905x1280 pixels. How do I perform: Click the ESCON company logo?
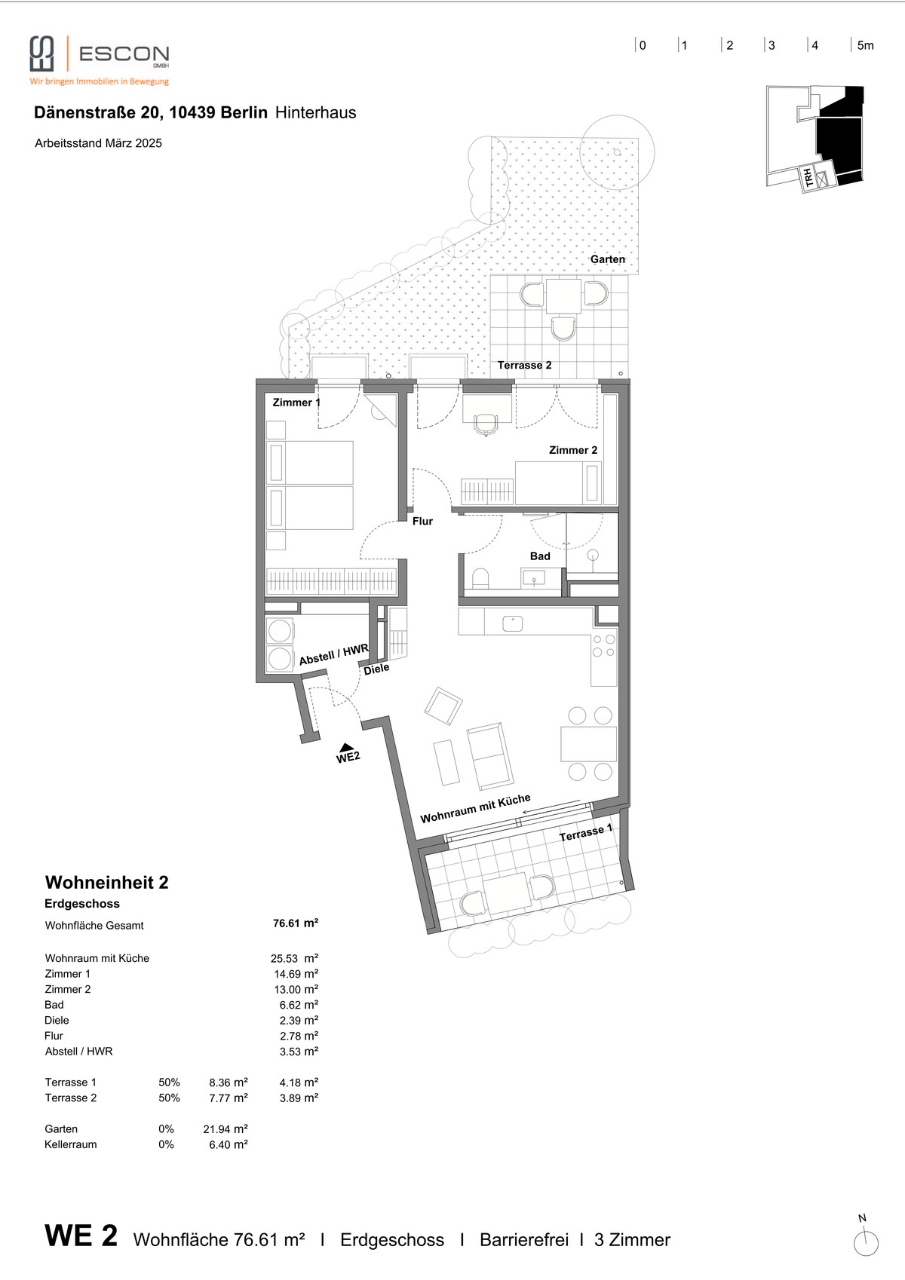point(100,60)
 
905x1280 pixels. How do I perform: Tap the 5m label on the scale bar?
point(865,46)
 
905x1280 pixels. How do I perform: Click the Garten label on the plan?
point(608,259)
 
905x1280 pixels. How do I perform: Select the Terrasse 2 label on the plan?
point(524,365)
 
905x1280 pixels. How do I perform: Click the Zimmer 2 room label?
point(573,450)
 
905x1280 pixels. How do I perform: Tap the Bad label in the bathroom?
point(540,556)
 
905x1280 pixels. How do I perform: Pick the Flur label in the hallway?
point(422,521)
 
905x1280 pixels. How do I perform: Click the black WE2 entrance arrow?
point(345,747)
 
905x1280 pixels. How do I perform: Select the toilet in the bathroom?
point(480,578)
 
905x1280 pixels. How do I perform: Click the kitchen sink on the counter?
point(513,623)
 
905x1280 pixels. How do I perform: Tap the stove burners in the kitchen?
point(604,645)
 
